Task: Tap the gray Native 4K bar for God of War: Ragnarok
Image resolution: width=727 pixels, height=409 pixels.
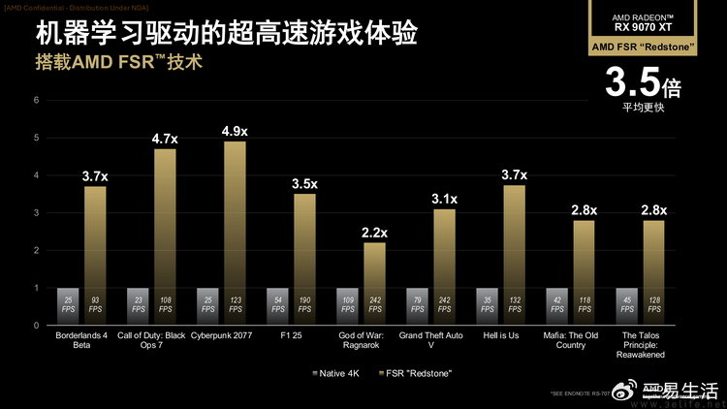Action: point(347,306)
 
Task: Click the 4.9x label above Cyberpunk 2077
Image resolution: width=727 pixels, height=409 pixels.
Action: point(235,131)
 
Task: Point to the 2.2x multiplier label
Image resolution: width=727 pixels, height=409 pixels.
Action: point(374,233)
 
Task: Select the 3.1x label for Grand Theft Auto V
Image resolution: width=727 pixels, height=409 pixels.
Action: point(444,199)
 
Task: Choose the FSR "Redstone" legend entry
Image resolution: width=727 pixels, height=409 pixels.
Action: point(415,373)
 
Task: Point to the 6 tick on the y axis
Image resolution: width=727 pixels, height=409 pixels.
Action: point(36,100)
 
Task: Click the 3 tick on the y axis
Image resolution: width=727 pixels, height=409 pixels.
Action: point(36,212)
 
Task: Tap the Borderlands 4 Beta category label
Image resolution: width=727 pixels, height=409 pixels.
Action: point(80,341)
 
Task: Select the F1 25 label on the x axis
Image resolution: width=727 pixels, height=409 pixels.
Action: point(291,336)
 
